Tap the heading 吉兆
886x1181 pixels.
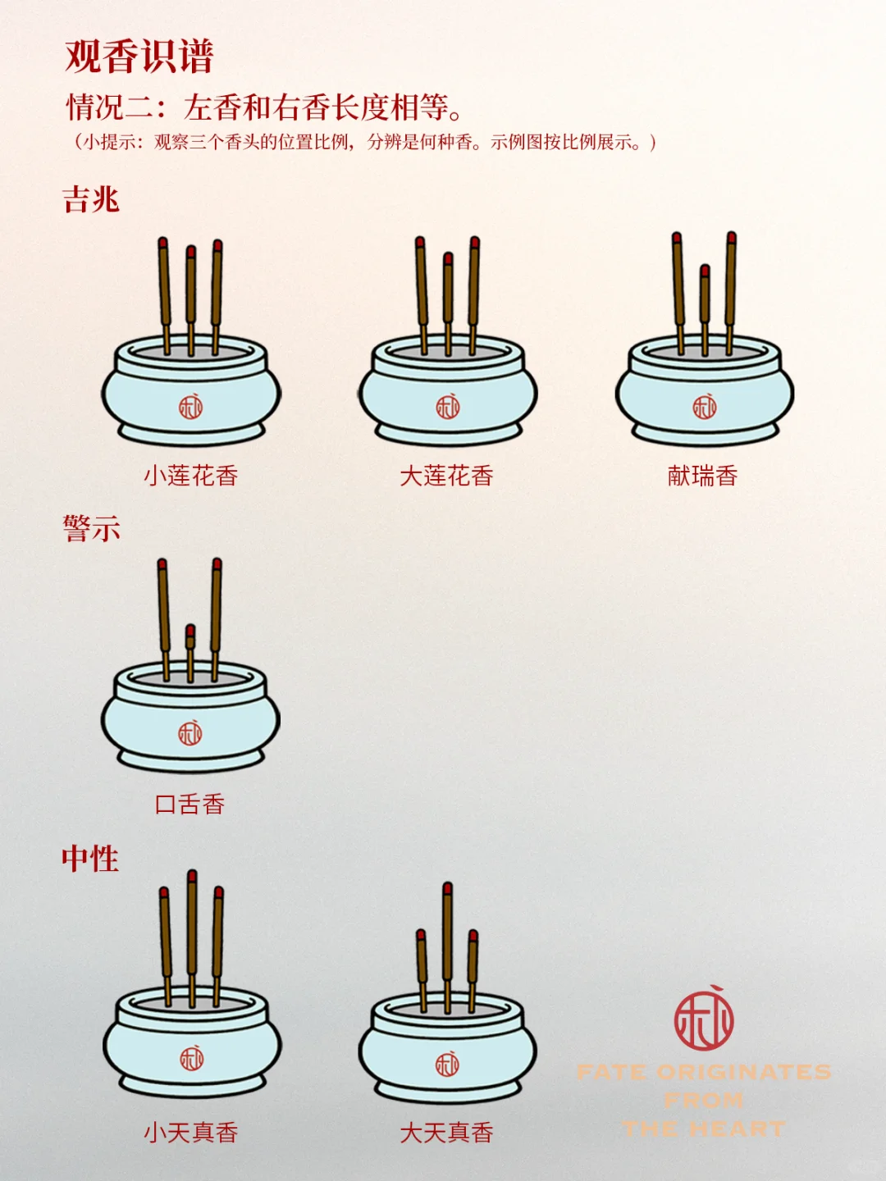pos(91,199)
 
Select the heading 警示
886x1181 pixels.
pos(91,528)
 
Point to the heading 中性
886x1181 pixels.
pos(90,859)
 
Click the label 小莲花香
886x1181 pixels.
pos(190,476)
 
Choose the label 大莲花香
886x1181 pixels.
pos(446,476)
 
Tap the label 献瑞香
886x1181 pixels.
pos(703,476)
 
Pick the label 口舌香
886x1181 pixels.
pos(190,804)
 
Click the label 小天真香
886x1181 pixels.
pos(190,1133)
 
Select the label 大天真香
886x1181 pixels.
pos(446,1133)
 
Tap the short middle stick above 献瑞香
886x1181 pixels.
pos(705,308)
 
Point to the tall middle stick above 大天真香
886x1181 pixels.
pos(447,943)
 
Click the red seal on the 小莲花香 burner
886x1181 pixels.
pos(191,406)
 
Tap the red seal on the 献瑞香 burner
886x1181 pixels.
pos(705,406)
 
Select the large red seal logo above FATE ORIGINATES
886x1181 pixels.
pos(704,1019)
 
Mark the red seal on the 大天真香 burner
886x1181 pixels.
pos(447,1065)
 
